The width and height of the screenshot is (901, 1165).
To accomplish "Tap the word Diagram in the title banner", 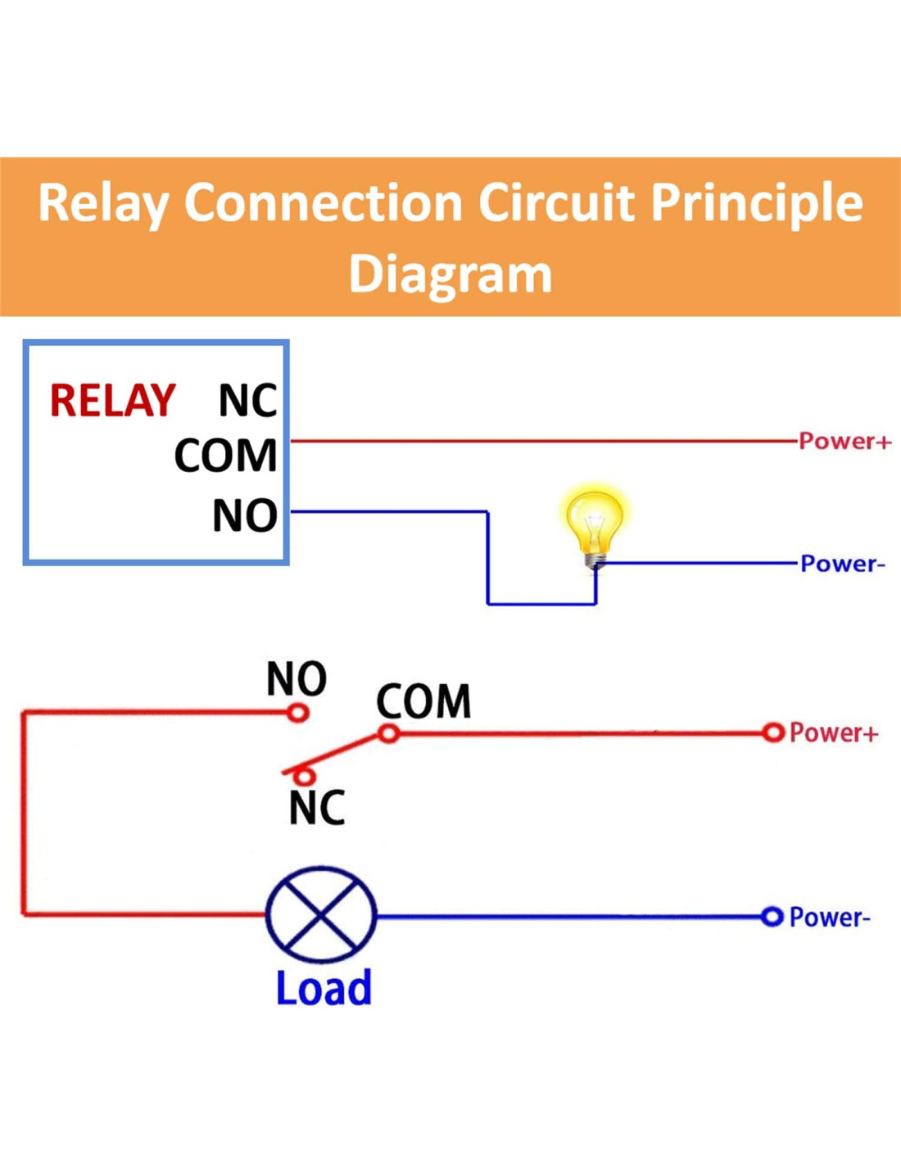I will (450, 275).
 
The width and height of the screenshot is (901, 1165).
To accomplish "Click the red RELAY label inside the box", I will (112, 401).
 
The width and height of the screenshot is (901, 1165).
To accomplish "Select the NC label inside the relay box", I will (247, 401).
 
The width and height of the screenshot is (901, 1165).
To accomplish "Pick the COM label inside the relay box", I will (225, 456).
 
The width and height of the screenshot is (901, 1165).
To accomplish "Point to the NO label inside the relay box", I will (244, 515).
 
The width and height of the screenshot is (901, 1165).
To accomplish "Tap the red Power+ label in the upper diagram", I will (844, 441).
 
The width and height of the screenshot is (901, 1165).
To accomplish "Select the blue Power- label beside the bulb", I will (843, 564).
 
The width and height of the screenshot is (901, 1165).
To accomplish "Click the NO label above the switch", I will (297, 678).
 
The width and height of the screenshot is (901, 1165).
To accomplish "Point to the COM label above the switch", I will (423, 701).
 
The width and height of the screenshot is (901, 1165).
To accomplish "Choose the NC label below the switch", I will (317, 808).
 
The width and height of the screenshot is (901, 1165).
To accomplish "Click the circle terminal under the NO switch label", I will (298, 713).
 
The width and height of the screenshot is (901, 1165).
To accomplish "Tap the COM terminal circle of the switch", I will (389, 733).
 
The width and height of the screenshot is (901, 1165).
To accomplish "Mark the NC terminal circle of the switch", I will (304, 775).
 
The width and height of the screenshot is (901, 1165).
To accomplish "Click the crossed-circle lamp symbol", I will (321, 914).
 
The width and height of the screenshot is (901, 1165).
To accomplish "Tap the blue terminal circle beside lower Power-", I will (772, 917).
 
